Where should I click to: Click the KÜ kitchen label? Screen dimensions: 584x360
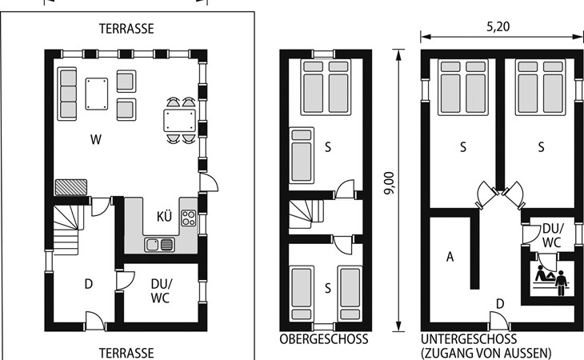point(164,216)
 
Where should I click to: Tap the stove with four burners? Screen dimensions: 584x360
point(189,218)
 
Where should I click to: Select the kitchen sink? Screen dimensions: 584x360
point(159,245)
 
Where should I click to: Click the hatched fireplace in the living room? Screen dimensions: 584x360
point(70,187)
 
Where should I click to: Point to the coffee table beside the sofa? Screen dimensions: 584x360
point(97,94)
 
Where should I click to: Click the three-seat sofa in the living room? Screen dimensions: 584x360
point(67,94)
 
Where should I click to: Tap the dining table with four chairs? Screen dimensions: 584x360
point(180,120)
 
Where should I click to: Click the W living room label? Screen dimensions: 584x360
point(96,140)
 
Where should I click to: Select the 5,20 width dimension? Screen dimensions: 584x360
point(498,27)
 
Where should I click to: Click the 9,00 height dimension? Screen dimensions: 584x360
point(389,182)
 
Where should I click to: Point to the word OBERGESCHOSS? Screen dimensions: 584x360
point(324,339)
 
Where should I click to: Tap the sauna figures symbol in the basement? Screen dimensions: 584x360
point(551,280)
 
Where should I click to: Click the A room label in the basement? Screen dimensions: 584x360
point(450,257)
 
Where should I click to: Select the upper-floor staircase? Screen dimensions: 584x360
point(306,214)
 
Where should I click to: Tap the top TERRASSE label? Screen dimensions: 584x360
point(126,29)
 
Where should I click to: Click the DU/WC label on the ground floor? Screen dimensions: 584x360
point(162,290)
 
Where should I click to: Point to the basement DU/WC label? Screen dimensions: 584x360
point(552,235)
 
